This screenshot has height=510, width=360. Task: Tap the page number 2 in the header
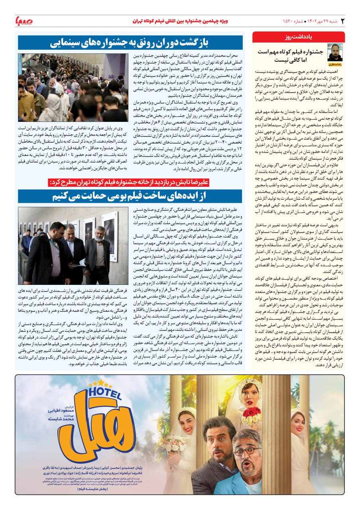(x=342, y=20)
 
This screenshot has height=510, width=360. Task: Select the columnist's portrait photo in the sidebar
(x=334, y=53)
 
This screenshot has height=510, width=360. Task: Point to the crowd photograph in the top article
(x=73, y=88)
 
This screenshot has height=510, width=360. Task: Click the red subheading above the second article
(x=132, y=182)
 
